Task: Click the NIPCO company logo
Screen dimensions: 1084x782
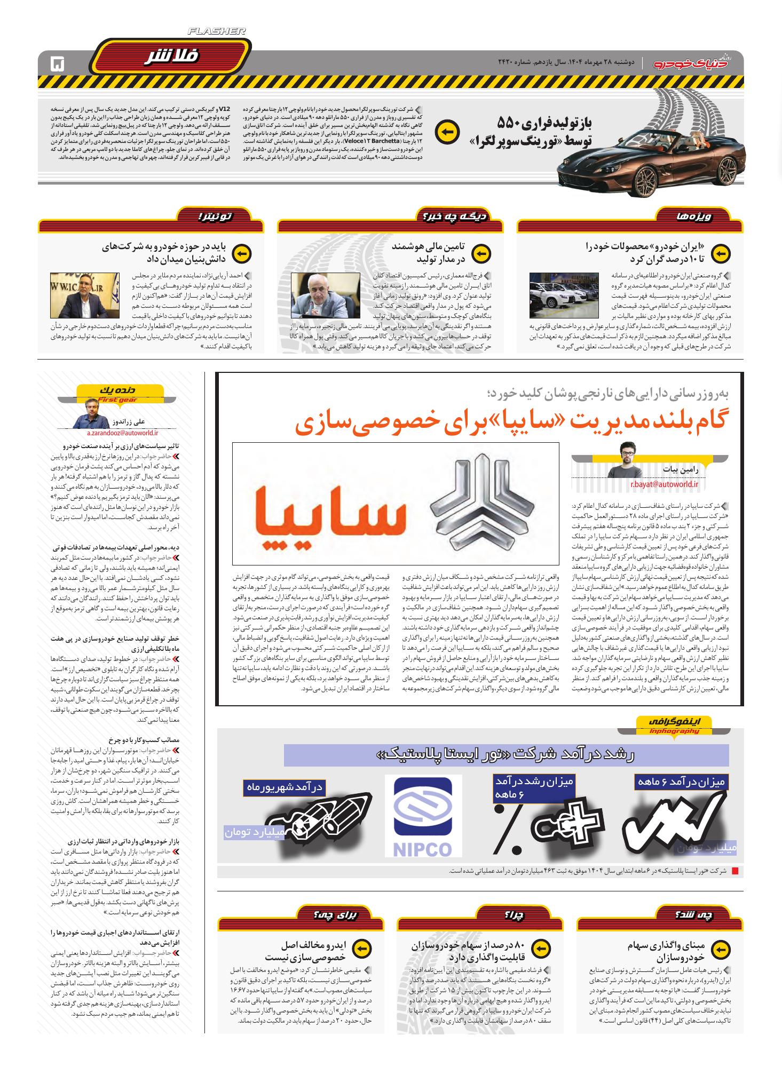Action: (x=423, y=816)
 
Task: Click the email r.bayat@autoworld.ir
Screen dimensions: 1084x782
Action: (x=664, y=484)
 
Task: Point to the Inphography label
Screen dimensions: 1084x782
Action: (x=675, y=731)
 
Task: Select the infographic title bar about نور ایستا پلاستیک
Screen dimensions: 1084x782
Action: (x=506, y=755)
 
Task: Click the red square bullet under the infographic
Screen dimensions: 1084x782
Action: (x=734, y=872)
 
